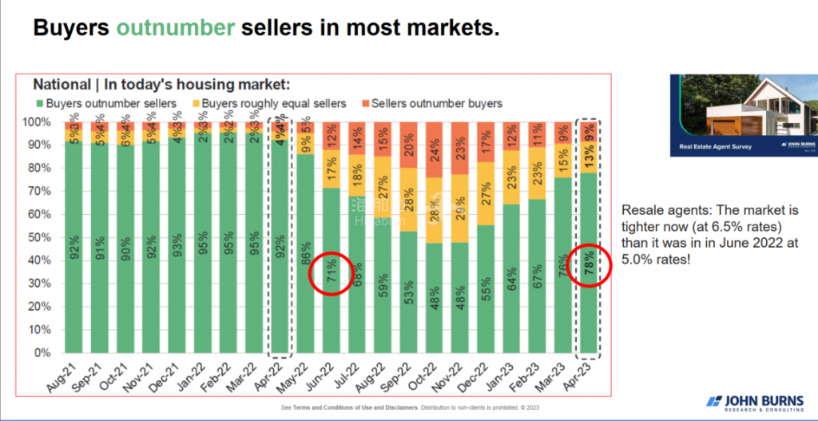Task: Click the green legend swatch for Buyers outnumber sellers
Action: tap(39, 103)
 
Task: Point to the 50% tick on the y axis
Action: tap(48, 237)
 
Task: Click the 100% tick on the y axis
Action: tap(46, 122)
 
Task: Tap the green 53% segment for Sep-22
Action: tap(409, 292)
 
